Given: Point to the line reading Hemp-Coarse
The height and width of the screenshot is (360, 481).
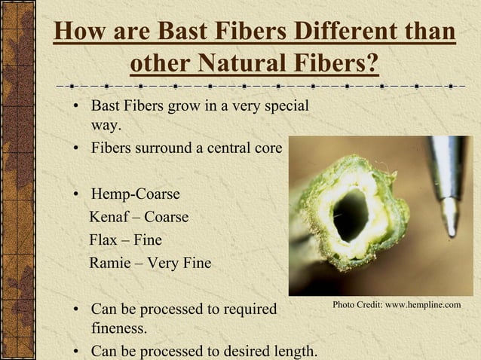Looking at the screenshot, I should click(135, 194).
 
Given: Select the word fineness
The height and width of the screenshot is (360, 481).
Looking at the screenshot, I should click(119, 329).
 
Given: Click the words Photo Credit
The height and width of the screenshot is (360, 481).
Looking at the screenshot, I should click(357, 304).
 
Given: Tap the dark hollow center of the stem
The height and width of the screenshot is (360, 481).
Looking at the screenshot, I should click(351, 215).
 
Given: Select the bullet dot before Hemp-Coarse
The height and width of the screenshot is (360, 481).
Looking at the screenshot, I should click(77, 195).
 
